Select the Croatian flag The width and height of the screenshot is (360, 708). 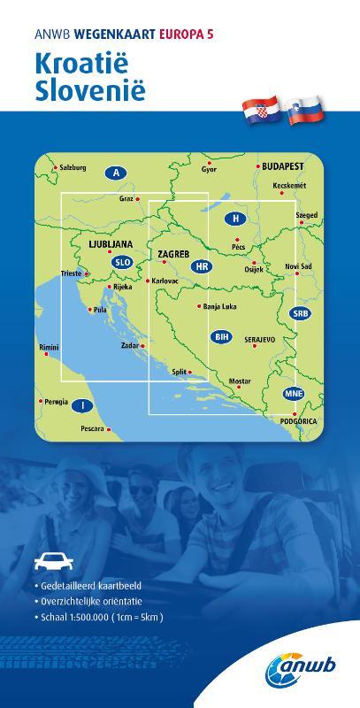tap(262, 110)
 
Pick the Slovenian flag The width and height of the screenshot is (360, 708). tap(305, 110)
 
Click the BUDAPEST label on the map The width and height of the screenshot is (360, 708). tap(282, 165)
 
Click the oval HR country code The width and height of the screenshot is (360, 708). tap(202, 265)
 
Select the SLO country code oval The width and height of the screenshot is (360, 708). tap(122, 262)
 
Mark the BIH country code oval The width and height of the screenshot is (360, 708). tap(222, 337)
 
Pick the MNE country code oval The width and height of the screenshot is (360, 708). tap(293, 393)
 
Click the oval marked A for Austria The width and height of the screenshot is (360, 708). tap(116, 172)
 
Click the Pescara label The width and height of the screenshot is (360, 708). tap(92, 428)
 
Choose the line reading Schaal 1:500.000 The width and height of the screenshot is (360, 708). tap(100, 617)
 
